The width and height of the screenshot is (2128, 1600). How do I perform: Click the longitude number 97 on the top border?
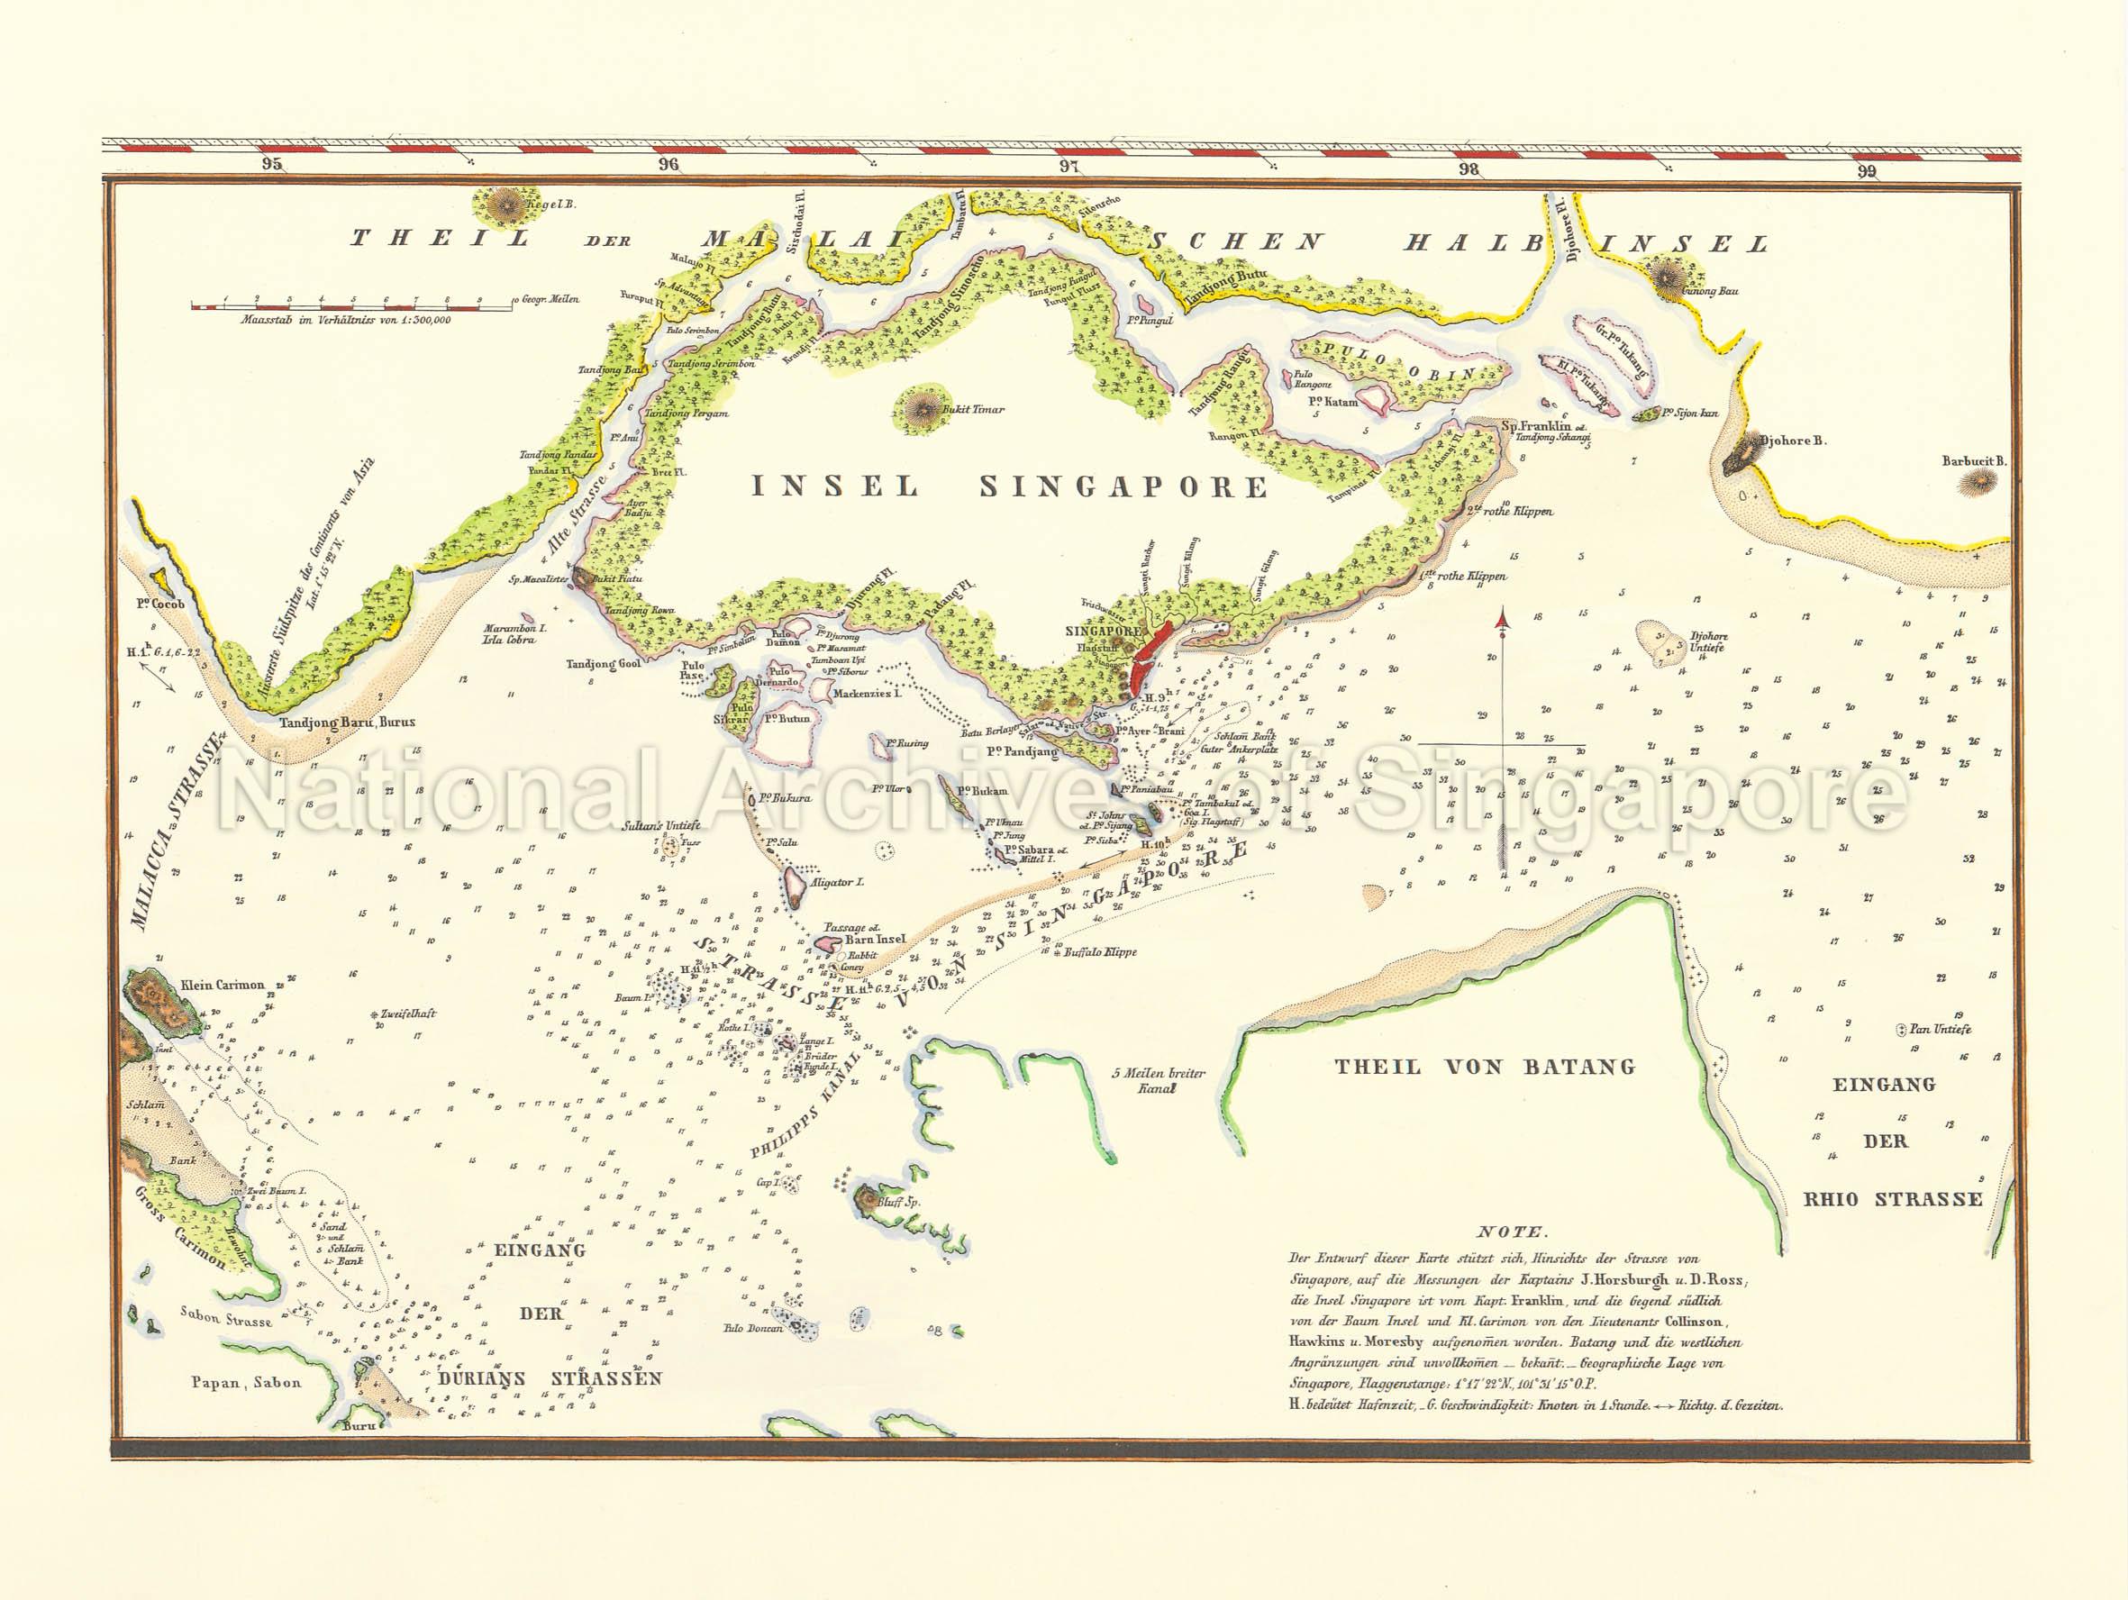1068,166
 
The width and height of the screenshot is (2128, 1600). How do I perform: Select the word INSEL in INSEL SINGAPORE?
834,486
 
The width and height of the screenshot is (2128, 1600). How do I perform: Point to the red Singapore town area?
1149,660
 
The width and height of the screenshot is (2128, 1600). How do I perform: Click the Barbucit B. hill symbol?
1976,483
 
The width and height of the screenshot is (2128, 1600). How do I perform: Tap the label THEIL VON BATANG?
1485,1066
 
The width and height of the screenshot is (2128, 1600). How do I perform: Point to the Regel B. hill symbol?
502,204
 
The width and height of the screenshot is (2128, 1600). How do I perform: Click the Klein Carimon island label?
222,985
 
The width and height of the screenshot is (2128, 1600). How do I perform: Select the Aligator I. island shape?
795,886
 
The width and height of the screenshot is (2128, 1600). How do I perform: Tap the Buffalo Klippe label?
1100,951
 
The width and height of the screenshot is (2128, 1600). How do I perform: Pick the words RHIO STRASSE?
1892,1199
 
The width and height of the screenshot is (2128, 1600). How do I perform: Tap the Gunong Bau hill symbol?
1665,275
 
